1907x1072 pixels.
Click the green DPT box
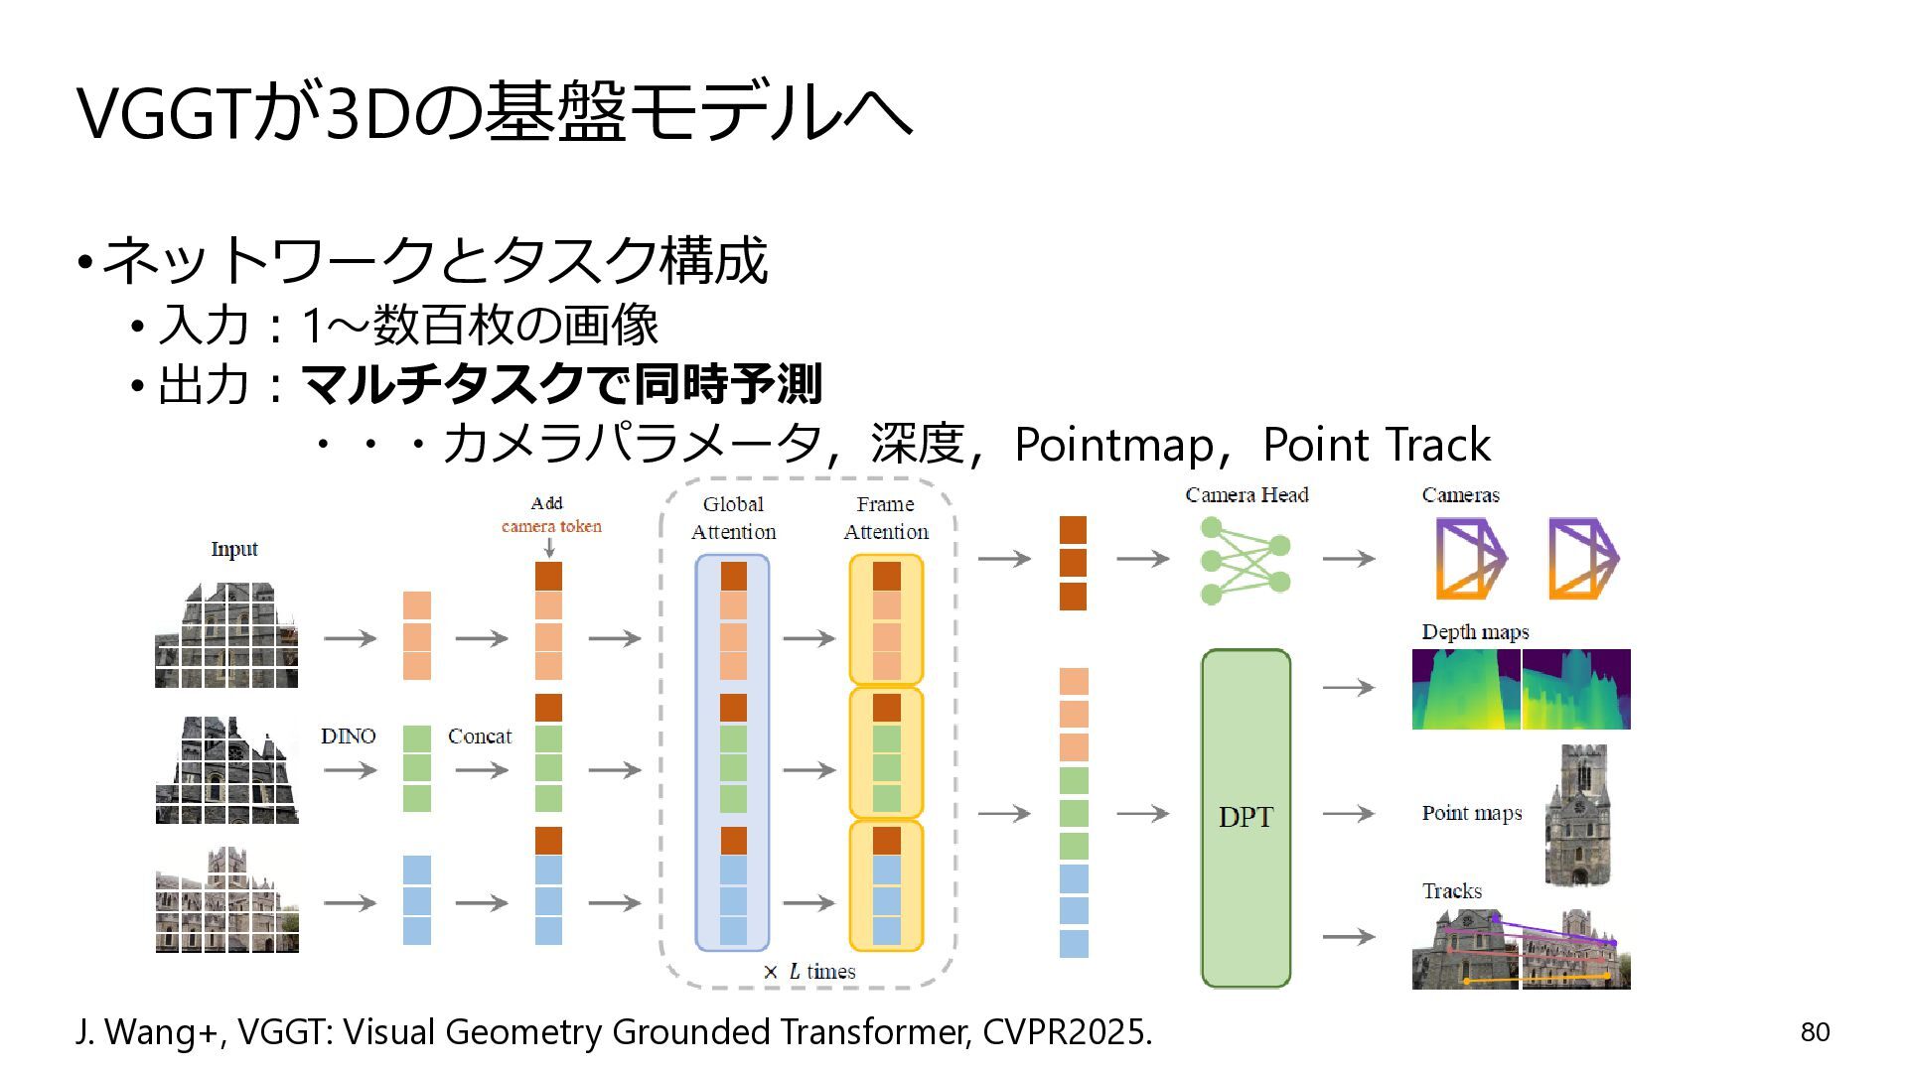point(1246,818)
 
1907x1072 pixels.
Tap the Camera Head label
point(1247,494)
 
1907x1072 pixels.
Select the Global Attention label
point(733,518)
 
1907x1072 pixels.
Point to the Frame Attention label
point(886,518)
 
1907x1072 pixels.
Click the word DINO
point(348,736)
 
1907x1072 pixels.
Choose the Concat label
point(480,736)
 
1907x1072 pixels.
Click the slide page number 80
point(1815,1032)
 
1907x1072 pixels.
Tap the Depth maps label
point(1475,632)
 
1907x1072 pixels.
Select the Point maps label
point(1472,813)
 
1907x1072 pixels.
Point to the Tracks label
point(1452,890)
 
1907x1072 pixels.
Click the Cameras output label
point(1460,494)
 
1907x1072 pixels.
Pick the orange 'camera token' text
point(551,526)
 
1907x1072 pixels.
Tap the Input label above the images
point(234,549)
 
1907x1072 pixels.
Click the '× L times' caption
point(808,972)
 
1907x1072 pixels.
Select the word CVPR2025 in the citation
point(1067,1032)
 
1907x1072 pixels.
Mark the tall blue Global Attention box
point(733,752)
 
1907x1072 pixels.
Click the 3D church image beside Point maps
point(1578,815)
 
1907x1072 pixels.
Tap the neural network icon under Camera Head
point(1246,560)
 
